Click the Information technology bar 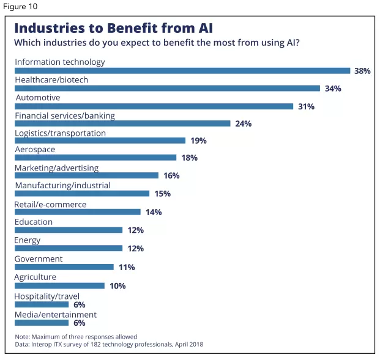(182, 71)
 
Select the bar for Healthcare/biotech (167, 89)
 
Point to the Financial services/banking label (64, 116)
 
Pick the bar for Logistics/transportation (100, 141)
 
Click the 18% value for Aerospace (189, 158)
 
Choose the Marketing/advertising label (56, 168)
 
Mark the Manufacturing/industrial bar (82, 194)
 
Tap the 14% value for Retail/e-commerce (154, 212)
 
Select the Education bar (69, 230)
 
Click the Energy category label (28, 240)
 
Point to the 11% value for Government (127, 267)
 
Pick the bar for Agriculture (59, 285)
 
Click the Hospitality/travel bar (42, 304)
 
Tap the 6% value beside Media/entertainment (79, 323)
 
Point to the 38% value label (362, 71)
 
